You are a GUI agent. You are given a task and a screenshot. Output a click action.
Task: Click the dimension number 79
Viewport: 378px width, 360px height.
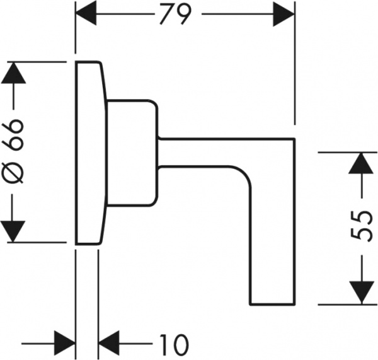tap(173, 13)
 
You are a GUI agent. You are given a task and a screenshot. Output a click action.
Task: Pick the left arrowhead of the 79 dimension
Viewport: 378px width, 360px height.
tap(86, 12)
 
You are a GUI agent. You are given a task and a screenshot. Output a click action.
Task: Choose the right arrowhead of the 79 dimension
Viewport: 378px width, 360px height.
tap(283, 12)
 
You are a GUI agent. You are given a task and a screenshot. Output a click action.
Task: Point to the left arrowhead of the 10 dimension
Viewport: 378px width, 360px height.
tap(64, 344)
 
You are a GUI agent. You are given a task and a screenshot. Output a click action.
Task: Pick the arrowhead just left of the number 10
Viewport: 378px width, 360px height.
tap(110, 344)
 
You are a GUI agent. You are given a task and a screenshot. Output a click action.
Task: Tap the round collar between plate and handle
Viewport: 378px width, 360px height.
tap(130, 151)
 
